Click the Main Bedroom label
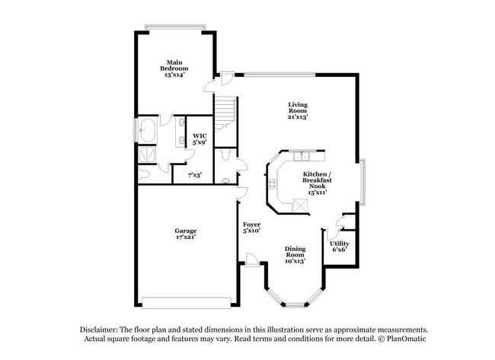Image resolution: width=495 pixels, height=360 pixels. point(175,67)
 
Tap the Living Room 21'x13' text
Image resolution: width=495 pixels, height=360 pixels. point(297,110)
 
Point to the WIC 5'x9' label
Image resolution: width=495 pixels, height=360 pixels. point(200,139)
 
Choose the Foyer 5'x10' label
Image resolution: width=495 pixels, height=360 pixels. point(252,228)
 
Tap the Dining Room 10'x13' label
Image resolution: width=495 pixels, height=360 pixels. point(295,255)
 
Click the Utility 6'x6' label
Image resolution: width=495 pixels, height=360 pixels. point(340,245)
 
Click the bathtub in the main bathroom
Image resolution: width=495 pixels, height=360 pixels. point(146,132)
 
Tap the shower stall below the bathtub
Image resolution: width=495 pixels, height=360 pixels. point(145,155)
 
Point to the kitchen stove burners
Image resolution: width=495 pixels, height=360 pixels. point(272,183)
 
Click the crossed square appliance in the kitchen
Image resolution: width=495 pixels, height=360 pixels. point(295,205)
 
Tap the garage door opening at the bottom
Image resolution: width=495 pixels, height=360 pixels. point(187,299)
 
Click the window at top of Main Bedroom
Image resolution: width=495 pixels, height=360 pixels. point(175,28)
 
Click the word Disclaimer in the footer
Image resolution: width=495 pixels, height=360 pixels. point(99,328)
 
